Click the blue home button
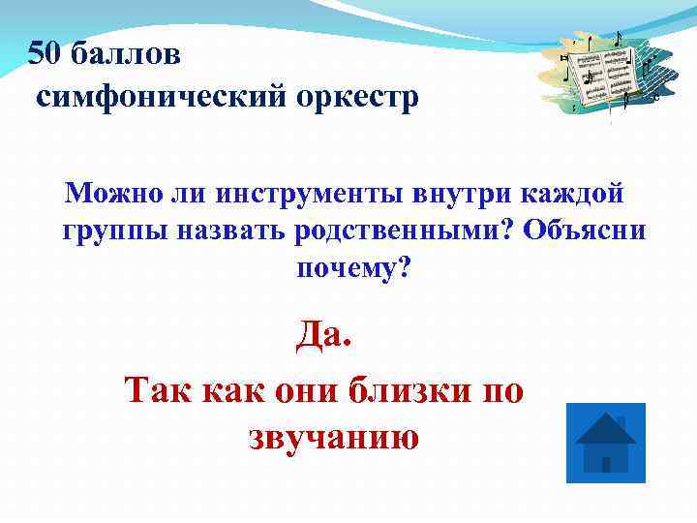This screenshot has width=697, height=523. point(605,443)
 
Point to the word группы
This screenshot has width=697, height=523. point(115,232)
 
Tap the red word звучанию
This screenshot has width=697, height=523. point(334,438)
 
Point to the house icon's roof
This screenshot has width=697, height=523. point(605,426)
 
